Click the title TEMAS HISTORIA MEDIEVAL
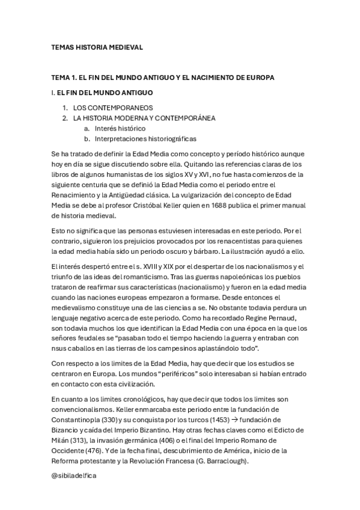(x=97, y=47)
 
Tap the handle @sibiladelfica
(x=74, y=475)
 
